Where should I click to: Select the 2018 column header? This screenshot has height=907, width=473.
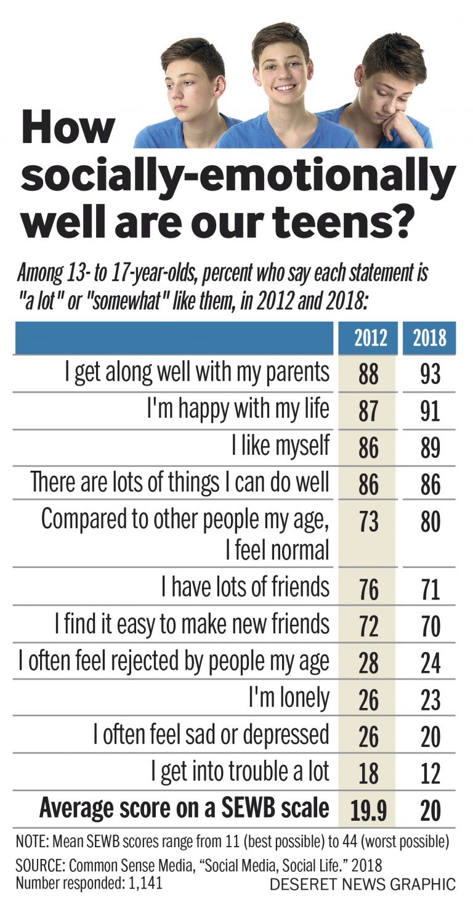pyautogui.click(x=429, y=338)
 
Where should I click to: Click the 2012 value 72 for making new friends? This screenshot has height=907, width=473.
pyautogui.click(x=368, y=626)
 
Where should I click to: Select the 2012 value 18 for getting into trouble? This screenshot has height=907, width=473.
pyautogui.click(x=368, y=773)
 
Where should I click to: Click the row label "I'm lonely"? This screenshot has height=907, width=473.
pyautogui.click(x=289, y=698)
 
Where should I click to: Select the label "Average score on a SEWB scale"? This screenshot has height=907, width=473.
pyautogui.click(x=184, y=808)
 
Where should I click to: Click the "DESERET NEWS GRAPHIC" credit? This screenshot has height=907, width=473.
pyautogui.click(x=363, y=885)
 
